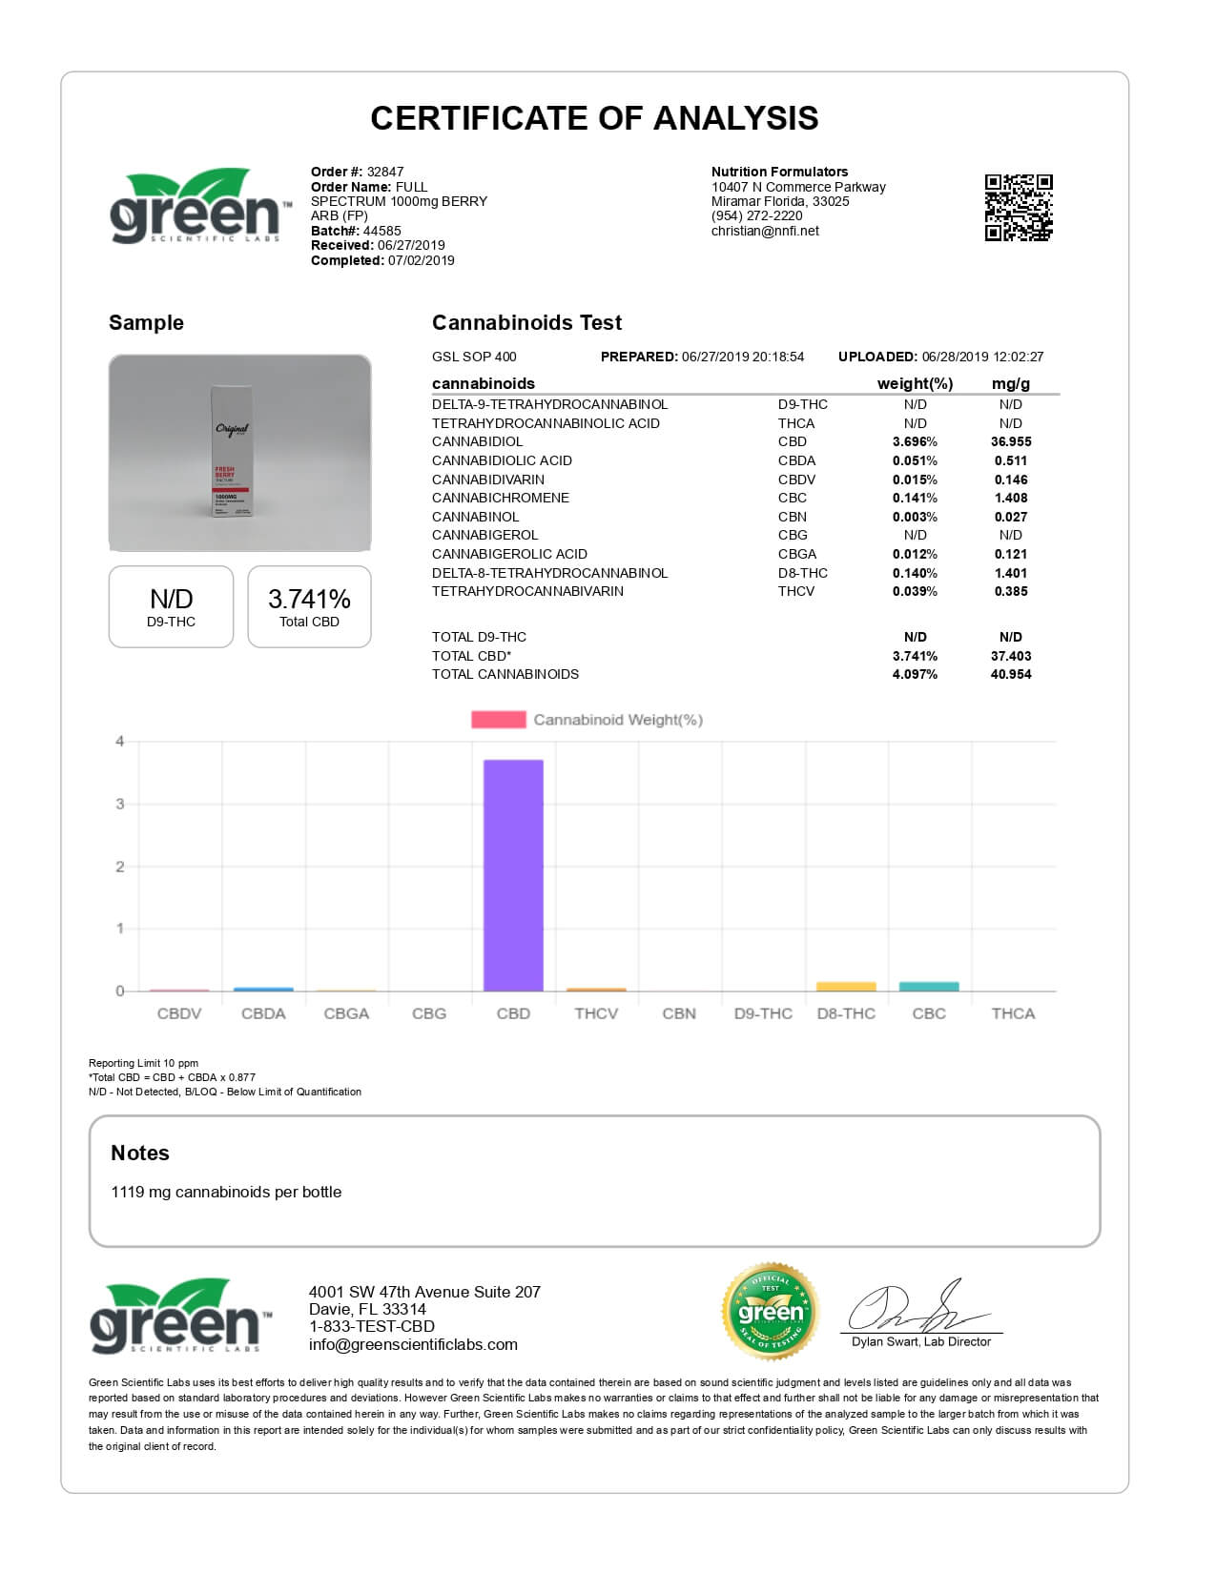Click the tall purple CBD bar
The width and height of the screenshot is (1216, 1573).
(513, 875)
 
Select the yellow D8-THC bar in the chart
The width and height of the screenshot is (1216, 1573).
(846, 987)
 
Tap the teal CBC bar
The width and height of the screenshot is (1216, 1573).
(929, 987)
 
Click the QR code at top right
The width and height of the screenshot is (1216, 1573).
(1019, 207)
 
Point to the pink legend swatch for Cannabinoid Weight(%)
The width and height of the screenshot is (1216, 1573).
(498, 720)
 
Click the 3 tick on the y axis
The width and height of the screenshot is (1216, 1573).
(120, 804)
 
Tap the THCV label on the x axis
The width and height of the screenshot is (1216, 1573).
(596, 1013)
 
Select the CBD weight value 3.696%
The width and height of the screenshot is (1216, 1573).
(915, 441)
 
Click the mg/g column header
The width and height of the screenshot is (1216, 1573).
(1011, 383)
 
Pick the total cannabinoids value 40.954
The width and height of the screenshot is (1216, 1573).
(1011, 674)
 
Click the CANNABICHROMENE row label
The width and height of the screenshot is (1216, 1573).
(501, 498)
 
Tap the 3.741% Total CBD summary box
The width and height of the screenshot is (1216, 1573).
(309, 607)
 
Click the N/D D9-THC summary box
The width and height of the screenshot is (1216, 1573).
(171, 607)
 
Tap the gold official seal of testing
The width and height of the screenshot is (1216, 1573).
(771, 1312)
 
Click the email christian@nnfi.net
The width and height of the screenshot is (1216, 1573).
(765, 231)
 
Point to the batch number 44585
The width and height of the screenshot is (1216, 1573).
(381, 231)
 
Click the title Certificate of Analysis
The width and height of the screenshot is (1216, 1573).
(594, 118)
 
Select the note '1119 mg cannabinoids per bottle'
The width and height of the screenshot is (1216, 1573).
(226, 1192)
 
